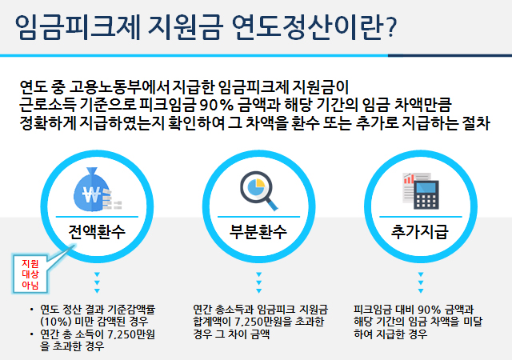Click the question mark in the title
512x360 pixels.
point(391,28)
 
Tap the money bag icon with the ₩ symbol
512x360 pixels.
point(92,190)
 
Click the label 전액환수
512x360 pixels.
point(97,232)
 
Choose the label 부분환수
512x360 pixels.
point(258,232)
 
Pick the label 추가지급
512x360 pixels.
point(420,232)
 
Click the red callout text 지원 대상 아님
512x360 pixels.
point(30,274)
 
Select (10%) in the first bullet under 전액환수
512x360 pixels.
point(55,322)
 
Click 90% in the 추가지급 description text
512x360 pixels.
point(429,309)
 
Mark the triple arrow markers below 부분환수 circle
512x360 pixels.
point(259,282)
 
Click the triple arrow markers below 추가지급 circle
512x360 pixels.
point(421,282)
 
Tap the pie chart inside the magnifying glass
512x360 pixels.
point(256,187)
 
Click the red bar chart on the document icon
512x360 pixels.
point(409,179)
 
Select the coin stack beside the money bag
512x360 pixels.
point(112,200)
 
